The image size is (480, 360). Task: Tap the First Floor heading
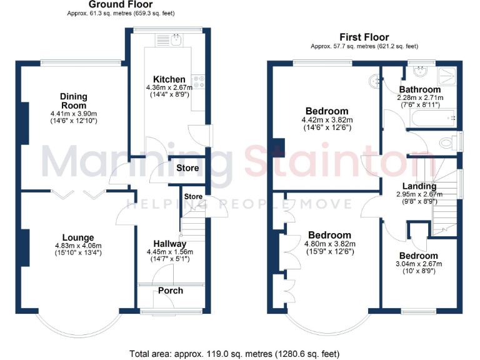[x=364, y=37]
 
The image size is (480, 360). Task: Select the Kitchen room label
[x=169, y=79]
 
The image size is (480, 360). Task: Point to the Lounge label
[x=78, y=237]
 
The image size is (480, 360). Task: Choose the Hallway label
[x=170, y=244]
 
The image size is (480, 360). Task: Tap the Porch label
[x=170, y=291]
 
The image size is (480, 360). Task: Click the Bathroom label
[x=420, y=90]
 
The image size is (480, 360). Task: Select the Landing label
[x=419, y=186]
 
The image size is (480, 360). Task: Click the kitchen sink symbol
[x=177, y=40]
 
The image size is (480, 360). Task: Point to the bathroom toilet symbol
[x=447, y=142]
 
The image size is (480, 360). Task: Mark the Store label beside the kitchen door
[x=187, y=168]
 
